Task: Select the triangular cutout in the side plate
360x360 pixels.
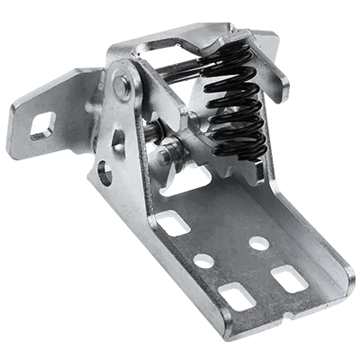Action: (x=117, y=139)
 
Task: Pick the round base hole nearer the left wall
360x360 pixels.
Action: (x=203, y=260)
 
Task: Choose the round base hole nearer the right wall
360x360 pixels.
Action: (x=258, y=242)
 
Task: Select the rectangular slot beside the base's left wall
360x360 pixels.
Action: (x=236, y=293)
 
